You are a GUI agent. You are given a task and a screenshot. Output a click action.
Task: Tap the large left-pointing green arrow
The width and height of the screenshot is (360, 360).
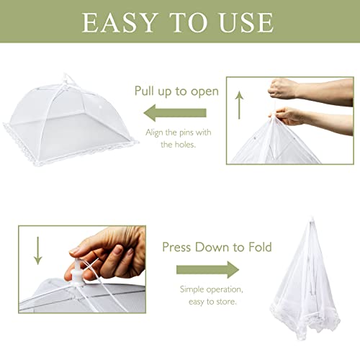(x=176, y=113)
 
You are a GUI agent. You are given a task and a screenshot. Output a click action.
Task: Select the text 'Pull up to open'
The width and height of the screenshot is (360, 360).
(x=176, y=91)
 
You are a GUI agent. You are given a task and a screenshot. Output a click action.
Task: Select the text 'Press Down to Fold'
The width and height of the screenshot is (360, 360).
(x=216, y=247)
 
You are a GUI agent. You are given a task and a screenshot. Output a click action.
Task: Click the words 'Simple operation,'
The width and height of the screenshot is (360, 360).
(x=210, y=289)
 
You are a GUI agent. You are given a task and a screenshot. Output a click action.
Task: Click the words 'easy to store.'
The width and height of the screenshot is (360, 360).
(x=210, y=302)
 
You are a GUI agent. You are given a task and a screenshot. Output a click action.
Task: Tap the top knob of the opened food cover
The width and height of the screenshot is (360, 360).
(x=68, y=77)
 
